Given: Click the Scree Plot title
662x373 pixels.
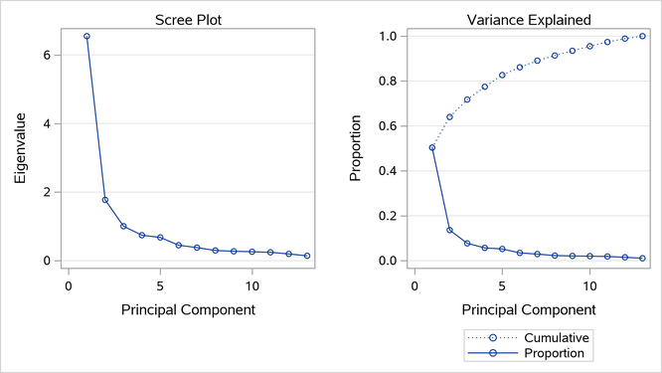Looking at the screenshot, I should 188,19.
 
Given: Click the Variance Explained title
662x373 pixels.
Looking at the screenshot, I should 537,19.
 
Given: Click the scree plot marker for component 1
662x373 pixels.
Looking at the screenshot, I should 86,37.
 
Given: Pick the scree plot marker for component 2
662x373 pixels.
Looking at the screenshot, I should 105,200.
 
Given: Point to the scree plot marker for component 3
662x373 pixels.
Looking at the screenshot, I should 123,226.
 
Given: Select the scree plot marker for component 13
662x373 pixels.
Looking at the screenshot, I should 307,256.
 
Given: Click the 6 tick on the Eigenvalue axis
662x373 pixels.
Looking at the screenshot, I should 46,56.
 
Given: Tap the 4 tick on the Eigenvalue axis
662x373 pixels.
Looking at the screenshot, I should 46,124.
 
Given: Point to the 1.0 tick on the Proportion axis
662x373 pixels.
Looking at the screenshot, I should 390,37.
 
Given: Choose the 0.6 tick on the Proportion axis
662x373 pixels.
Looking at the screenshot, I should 390,126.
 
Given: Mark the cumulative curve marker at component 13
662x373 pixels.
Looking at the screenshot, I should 643,36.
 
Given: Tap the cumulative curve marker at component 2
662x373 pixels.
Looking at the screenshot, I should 449,117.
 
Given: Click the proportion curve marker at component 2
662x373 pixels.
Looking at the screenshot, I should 449,230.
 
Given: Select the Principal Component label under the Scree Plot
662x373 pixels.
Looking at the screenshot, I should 188,309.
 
